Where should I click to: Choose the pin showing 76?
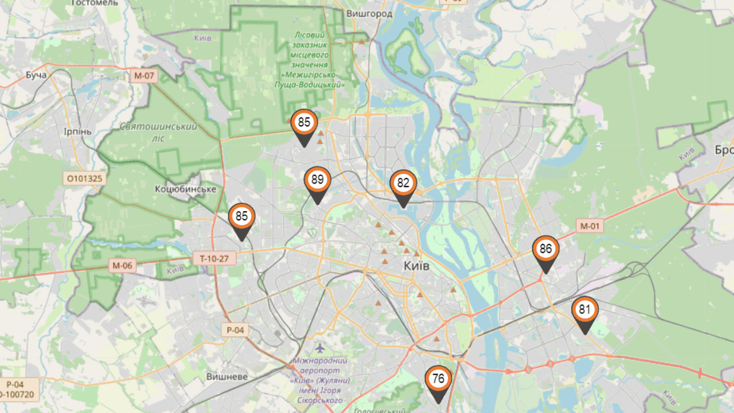(438, 379)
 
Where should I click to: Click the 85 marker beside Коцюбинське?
(241, 217)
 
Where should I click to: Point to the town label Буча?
(36, 75)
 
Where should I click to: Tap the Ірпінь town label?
(77, 131)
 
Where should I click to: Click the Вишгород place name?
(369, 13)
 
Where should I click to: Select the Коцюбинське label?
(185, 189)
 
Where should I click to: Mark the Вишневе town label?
(227, 376)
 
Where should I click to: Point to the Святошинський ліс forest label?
(159, 132)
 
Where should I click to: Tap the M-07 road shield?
(143, 75)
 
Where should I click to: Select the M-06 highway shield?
(122, 265)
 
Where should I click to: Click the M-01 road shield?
(589, 226)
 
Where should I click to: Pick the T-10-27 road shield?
(214, 259)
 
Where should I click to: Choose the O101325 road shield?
(84, 178)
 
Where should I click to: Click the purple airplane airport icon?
(319, 348)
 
